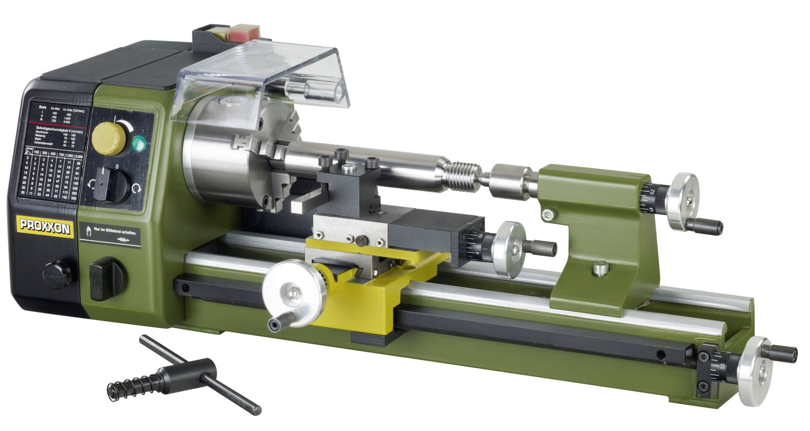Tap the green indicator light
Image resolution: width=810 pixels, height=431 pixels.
point(139,144)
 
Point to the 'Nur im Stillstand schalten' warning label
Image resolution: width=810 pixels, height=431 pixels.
point(110,234)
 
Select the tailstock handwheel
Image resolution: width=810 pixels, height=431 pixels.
point(681,202)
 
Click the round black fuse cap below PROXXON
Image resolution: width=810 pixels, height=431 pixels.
point(57,274)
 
